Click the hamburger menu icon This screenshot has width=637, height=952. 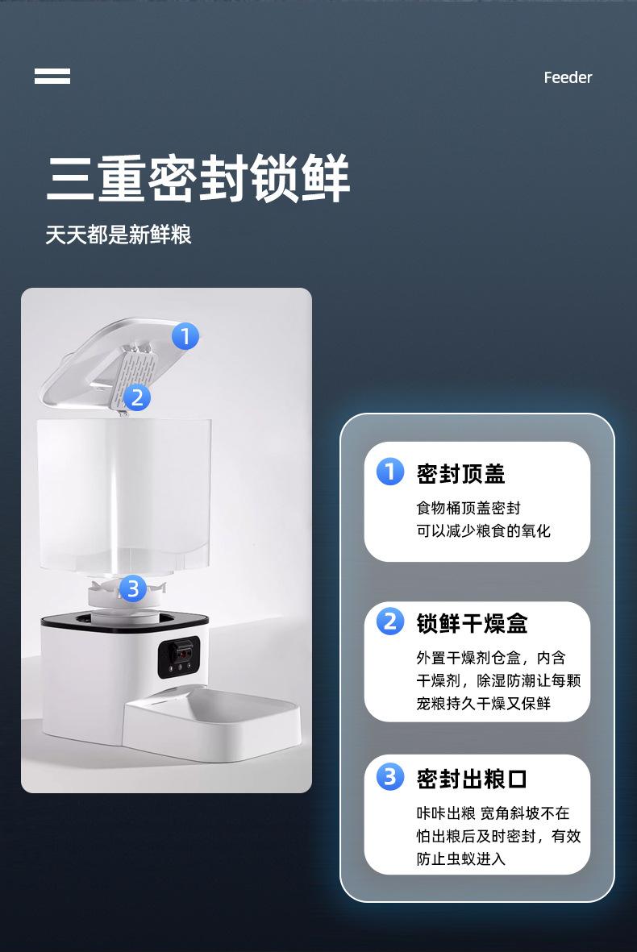[52, 76]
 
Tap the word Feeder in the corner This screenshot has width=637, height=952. [568, 77]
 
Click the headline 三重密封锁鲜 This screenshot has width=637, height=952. [198, 178]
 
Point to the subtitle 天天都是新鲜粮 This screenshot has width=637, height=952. [119, 235]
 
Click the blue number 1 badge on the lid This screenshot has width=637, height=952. [185, 336]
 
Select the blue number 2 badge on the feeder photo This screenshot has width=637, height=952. [136, 397]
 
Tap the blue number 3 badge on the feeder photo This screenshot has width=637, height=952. [133, 588]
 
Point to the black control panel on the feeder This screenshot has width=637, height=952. [178, 657]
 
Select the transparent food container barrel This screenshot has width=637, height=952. [124, 496]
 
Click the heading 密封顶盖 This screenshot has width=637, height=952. [461, 473]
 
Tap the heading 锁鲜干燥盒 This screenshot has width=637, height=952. [472, 624]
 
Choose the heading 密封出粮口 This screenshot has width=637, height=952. [472, 779]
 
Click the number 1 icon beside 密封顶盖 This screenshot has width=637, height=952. [389, 472]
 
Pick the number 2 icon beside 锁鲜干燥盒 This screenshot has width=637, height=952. [389, 622]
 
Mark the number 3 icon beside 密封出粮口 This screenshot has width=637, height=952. [389, 776]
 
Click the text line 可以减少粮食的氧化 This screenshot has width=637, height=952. [483, 530]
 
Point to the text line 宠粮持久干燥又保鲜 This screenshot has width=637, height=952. [483, 703]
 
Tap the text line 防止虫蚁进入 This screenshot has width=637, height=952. [461, 858]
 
